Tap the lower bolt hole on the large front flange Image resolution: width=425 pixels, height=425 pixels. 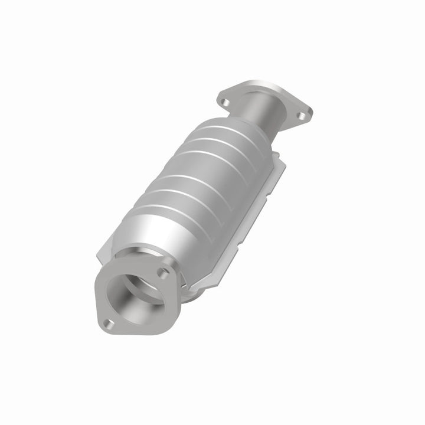[x=108, y=323]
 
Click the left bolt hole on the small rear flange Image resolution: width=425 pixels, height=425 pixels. [x=224, y=102]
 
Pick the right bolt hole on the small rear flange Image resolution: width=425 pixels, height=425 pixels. [x=301, y=116]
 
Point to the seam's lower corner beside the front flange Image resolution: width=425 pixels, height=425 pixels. [x=189, y=292]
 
